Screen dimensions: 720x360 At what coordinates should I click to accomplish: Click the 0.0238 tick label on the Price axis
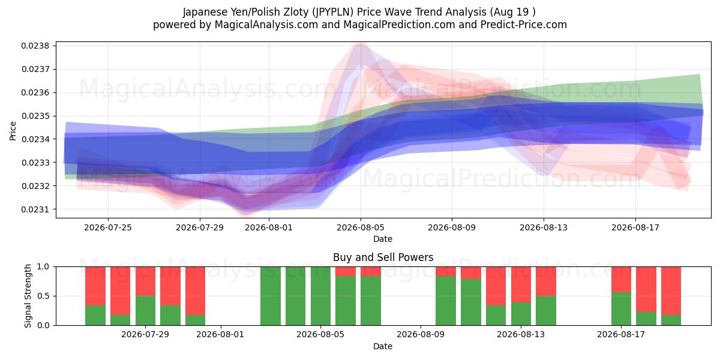[x=35, y=46]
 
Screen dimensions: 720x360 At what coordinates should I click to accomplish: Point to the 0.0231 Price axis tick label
[x=35, y=209]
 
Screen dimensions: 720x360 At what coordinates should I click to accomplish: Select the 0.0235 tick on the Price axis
[x=35, y=116]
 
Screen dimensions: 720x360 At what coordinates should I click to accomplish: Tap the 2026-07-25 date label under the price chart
[x=108, y=227]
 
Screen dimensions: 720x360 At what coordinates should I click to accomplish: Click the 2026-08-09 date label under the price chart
[x=452, y=227]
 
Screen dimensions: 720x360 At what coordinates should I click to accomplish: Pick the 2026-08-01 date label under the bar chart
[x=220, y=334]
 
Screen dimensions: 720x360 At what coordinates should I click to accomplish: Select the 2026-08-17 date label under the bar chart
[x=621, y=334]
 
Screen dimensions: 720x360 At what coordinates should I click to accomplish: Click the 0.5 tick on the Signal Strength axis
[x=43, y=296]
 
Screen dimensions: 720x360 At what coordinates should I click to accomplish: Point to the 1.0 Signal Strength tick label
[x=43, y=267]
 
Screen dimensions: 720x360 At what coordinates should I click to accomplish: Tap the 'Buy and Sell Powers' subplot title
[x=383, y=257]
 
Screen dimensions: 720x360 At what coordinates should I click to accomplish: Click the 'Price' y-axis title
[x=13, y=131]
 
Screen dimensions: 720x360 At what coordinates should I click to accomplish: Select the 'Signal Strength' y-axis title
[x=28, y=296]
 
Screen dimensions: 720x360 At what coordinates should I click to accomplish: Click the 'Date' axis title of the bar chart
[x=383, y=346]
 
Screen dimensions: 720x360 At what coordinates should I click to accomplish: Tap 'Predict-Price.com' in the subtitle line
[x=524, y=25]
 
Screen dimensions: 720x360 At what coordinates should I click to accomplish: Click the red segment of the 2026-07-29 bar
[x=145, y=281]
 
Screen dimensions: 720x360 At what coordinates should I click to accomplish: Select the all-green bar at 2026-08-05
[x=320, y=296]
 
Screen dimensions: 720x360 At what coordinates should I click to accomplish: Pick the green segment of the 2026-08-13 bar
[x=521, y=314]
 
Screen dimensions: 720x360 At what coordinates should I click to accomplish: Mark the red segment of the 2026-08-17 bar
[x=621, y=280]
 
